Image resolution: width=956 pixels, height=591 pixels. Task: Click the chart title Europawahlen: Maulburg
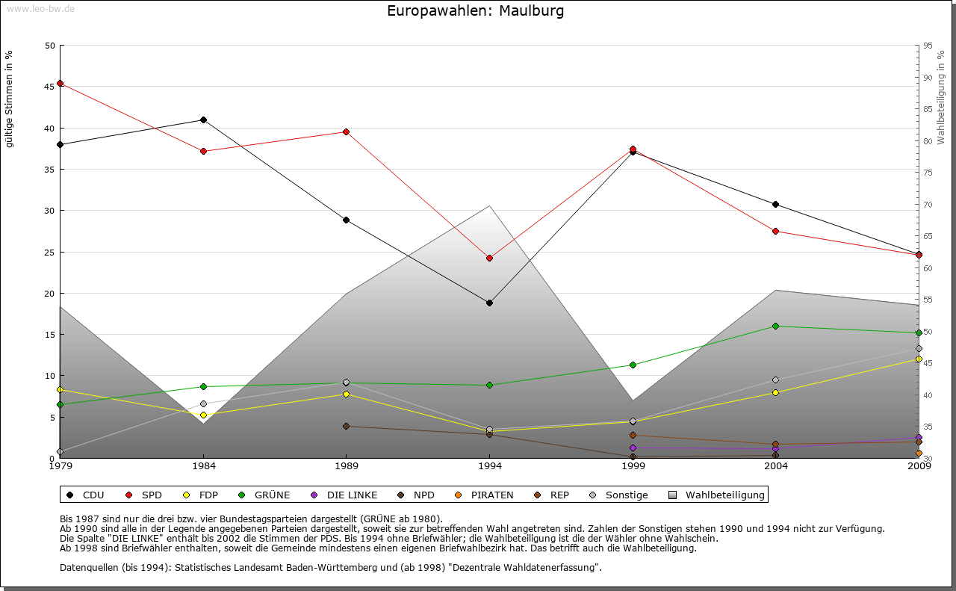tap(476, 11)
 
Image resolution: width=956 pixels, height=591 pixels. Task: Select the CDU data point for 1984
tap(203, 120)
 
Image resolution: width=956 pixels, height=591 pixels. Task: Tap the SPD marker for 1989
tap(346, 132)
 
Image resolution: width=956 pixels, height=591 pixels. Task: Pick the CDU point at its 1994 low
tap(489, 303)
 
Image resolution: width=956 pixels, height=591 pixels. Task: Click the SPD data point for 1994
tap(489, 258)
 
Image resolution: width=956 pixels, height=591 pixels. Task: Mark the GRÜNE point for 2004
tap(775, 326)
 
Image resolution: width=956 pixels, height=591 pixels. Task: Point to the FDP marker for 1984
tap(203, 415)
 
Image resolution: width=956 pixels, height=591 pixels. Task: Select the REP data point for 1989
tap(346, 426)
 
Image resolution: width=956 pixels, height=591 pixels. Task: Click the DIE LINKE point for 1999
tap(633, 448)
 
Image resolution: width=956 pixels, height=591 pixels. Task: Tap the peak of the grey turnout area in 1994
tap(489, 206)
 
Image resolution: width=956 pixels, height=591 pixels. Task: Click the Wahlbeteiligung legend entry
tap(718, 495)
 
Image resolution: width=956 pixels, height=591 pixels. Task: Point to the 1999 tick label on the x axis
tap(633, 467)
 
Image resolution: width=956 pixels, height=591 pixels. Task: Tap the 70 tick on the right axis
tap(928, 205)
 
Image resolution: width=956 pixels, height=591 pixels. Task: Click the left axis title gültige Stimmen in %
tap(10, 99)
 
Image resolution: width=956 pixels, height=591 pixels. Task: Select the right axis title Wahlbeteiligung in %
tap(941, 97)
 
